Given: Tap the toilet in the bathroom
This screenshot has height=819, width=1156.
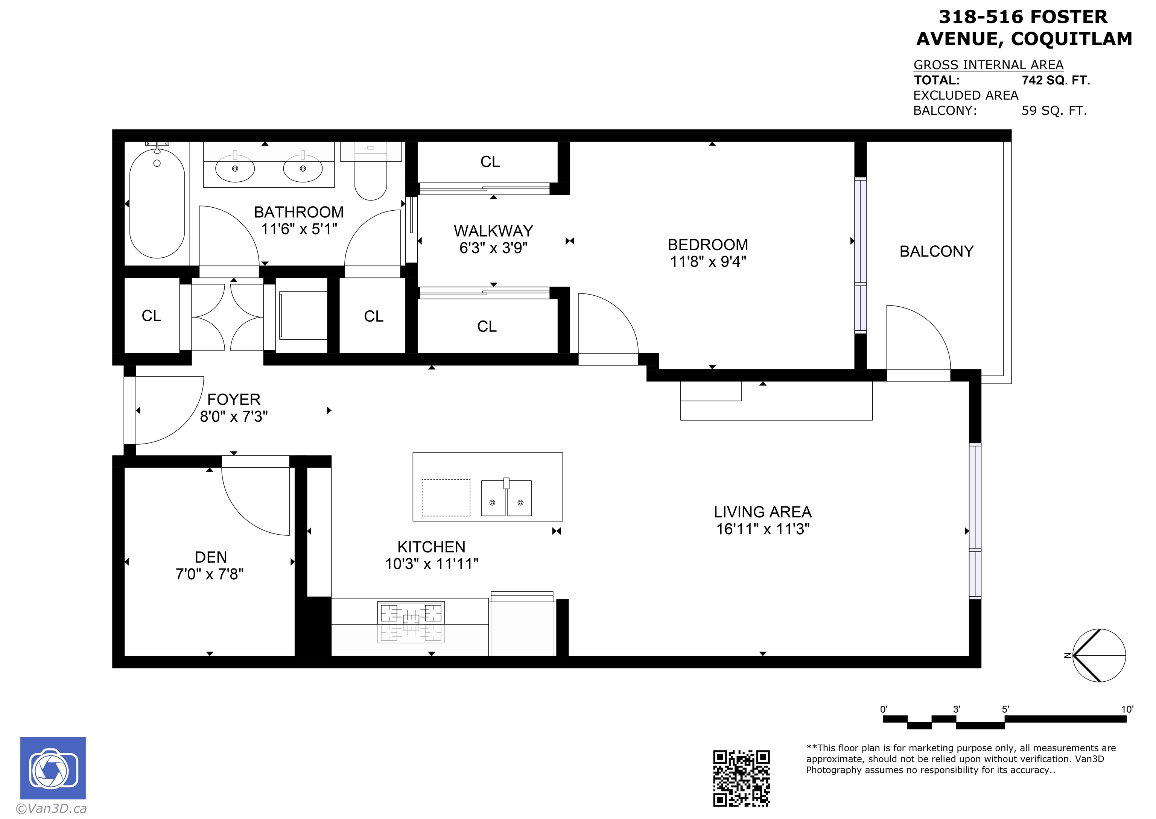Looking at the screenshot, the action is pyautogui.click(x=371, y=172).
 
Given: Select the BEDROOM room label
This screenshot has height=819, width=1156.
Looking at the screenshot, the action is pyautogui.click(x=707, y=245).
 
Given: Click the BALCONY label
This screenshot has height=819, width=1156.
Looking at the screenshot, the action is pyautogui.click(x=937, y=251).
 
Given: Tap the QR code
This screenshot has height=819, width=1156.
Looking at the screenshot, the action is pyautogui.click(x=741, y=778).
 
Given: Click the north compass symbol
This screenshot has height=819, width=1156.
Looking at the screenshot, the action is pyautogui.click(x=1098, y=656).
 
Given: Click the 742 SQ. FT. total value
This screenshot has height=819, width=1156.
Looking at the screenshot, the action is pyautogui.click(x=1056, y=80).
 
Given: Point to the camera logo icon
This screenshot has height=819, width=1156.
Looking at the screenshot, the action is pyautogui.click(x=53, y=768).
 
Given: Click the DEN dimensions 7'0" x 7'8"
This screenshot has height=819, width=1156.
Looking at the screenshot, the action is pyautogui.click(x=209, y=574).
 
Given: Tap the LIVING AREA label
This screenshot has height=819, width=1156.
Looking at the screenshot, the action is pyautogui.click(x=763, y=512).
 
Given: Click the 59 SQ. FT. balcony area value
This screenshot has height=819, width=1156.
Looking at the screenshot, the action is pyautogui.click(x=1054, y=111).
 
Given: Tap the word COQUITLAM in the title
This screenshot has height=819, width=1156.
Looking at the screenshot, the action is pyautogui.click(x=1071, y=39).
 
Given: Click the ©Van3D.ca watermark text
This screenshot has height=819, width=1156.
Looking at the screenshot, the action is pyautogui.click(x=52, y=808).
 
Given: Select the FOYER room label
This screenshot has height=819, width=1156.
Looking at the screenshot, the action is pyautogui.click(x=234, y=400).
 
